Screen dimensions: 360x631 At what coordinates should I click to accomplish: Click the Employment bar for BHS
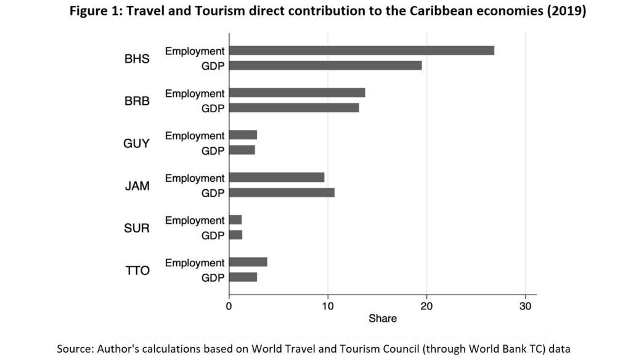coord(361,51)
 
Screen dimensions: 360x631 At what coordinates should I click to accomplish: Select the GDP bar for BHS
coord(325,65)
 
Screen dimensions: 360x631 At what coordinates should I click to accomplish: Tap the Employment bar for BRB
coord(296,93)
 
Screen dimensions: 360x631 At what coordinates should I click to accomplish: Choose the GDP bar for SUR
coord(235,235)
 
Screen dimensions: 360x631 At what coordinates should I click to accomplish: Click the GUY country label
coord(137,143)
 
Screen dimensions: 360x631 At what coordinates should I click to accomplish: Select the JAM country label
coord(137,186)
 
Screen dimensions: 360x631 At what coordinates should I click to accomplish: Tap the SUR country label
coord(137,228)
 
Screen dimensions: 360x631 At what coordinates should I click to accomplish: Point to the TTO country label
coord(137,270)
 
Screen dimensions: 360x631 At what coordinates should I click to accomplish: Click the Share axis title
coord(383,319)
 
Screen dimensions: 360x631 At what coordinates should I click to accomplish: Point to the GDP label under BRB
coord(213,108)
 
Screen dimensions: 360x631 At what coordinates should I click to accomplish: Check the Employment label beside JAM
coord(195,178)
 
